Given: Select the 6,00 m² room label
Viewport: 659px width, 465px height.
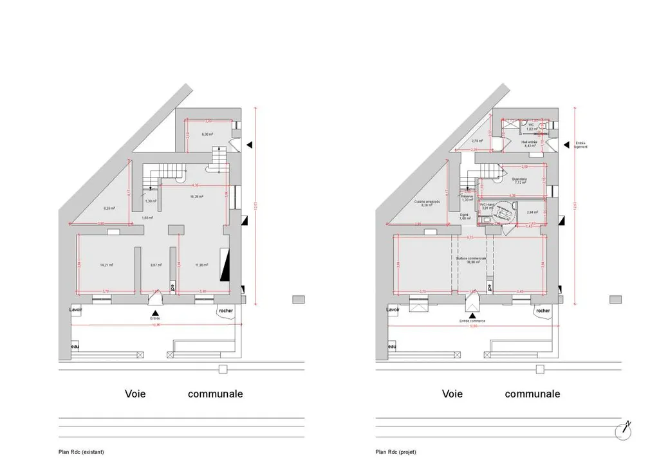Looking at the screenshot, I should click(207, 134).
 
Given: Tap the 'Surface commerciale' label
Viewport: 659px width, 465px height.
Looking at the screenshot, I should click(471, 260).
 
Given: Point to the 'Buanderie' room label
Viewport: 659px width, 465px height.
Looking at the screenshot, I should click(519, 180).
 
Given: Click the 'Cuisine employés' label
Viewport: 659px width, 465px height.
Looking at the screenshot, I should click(427, 203).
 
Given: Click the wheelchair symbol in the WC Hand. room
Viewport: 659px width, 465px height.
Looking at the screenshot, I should click(501, 213).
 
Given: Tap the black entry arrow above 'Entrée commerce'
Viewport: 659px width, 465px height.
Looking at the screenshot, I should click(473, 314).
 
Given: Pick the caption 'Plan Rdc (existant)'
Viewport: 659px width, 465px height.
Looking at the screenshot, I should click(80, 451).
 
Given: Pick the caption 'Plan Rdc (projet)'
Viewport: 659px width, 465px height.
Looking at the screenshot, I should click(396, 451).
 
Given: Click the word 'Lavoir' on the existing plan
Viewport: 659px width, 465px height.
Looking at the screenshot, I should click(78, 310).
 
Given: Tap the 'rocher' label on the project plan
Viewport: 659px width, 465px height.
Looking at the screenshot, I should click(543, 311).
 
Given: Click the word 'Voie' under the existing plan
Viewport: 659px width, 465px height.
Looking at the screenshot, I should click(135, 394).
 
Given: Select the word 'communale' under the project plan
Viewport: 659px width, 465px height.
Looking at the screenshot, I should click(532, 394).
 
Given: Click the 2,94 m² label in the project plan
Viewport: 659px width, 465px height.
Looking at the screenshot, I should click(532, 212).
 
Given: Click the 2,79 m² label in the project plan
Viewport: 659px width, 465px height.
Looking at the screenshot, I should click(477, 141).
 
